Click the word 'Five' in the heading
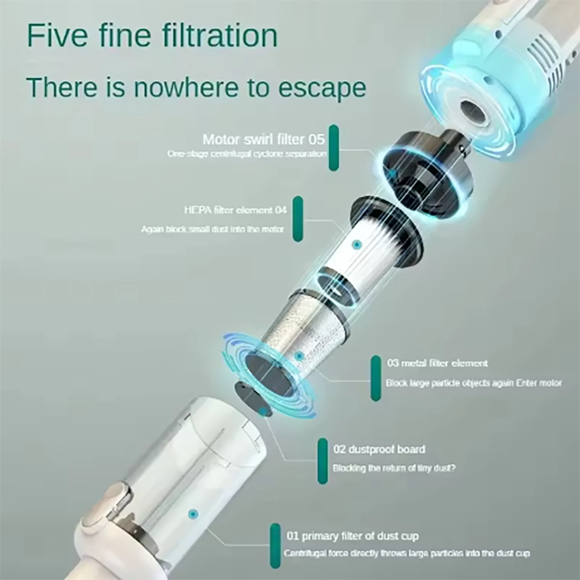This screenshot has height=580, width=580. pos(57,36)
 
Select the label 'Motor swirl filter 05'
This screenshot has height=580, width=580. pos(263,139)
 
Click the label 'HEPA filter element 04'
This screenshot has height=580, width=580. pos(235,210)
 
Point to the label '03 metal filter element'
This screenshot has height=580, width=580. pos(437,363)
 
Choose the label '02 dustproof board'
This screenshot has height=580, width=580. pos(379,449)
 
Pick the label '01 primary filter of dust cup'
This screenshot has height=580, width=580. pos(352,536)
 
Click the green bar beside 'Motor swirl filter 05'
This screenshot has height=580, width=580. pos(333,147)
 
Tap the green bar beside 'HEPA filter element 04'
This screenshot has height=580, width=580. pos(297,219)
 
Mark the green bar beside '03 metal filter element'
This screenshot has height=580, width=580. pos(375,378)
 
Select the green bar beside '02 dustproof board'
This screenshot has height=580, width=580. pos(322,461)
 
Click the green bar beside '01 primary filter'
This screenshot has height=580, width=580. pos(275,546)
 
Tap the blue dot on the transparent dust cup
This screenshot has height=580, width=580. pos(193,514)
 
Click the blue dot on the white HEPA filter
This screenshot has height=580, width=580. pos(357,244)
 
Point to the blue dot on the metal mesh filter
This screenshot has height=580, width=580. pos(299,356)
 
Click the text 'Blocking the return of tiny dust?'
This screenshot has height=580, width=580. pos(394,468)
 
